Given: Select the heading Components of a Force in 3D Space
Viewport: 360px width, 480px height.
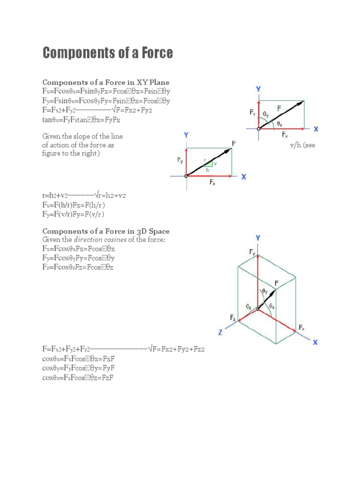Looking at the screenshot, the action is (x=106, y=231).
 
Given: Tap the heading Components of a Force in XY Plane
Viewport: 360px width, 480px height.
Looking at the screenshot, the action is (x=106, y=82).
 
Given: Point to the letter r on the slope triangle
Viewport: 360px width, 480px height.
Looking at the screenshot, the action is (x=205, y=160).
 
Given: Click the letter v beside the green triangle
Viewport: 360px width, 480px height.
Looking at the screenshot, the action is (x=215, y=164).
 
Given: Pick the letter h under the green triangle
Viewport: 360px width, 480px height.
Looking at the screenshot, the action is (x=208, y=170).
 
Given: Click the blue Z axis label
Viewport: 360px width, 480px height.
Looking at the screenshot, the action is (x=219, y=332).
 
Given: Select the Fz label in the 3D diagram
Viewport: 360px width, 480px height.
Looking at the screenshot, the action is (x=233, y=318).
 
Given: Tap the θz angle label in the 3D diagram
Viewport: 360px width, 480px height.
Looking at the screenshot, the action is (x=249, y=306).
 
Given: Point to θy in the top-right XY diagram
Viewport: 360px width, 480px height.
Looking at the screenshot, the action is (x=266, y=114).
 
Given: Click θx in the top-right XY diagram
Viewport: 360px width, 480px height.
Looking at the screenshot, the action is (x=280, y=124).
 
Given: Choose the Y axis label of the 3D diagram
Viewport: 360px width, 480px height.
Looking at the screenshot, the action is (x=257, y=238).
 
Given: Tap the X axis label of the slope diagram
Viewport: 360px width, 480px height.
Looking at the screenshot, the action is (x=244, y=177).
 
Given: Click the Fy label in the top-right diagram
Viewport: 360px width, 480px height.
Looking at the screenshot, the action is (x=253, y=113).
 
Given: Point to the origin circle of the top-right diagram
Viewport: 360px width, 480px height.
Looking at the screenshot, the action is (x=258, y=129).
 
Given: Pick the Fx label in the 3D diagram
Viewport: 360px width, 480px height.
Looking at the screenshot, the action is (x=302, y=328).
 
